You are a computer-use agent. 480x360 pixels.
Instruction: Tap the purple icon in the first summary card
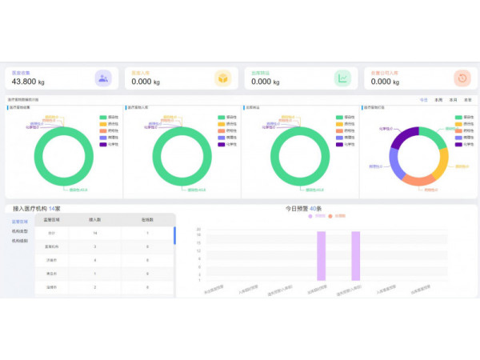coord(102,78)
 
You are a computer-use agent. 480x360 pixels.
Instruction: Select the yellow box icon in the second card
coord(222,78)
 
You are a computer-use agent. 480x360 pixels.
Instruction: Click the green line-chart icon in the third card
coord(342,78)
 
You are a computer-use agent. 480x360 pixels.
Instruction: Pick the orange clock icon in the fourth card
coord(462,78)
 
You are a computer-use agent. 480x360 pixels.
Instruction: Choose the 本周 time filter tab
coord(438,100)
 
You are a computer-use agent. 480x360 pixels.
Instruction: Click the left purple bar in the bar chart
coord(322,255)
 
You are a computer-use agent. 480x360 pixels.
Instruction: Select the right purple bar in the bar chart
coord(356,255)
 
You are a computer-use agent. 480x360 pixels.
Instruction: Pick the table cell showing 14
coord(95,233)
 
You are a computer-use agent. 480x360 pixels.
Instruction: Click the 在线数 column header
coord(147,220)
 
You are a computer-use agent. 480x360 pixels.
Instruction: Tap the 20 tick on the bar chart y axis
coord(198,230)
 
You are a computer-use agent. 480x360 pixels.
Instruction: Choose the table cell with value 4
coord(95,260)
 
